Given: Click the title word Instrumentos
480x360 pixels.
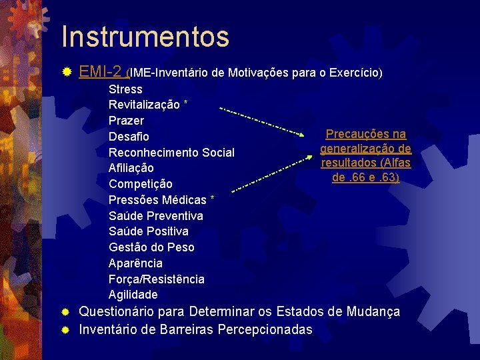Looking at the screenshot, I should coord(145,37).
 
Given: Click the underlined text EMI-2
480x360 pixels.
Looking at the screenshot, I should coord(100,71).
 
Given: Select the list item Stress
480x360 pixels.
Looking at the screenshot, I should coord(125,89).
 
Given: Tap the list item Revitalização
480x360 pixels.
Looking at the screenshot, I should coord(144,105).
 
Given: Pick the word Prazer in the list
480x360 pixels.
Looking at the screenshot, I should coord(126,121).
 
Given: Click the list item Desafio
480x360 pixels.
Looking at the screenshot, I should coord(129,137).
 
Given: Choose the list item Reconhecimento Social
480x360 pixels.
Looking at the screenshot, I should coord(171,153).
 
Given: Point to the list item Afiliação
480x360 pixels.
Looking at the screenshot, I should coord(131,168).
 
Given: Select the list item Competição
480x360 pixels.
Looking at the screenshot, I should coord(140,184).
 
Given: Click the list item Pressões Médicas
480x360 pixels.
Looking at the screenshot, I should coord(157,200).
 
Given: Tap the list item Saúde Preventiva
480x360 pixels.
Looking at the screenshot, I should coord(156,216).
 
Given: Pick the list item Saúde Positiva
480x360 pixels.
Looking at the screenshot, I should coord(148,231).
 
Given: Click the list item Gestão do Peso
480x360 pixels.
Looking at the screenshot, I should coord(151,247).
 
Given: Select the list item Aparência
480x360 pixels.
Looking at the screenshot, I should coord(135,263).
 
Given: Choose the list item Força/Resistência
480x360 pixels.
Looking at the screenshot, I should coord(156,279).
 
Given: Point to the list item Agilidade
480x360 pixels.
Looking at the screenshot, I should coord(133,295).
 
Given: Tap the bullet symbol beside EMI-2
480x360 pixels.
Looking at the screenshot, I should coord(65,71).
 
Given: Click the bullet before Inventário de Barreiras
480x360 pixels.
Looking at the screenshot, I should coord(65,329).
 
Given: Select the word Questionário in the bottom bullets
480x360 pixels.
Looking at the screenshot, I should coord(120,312).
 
